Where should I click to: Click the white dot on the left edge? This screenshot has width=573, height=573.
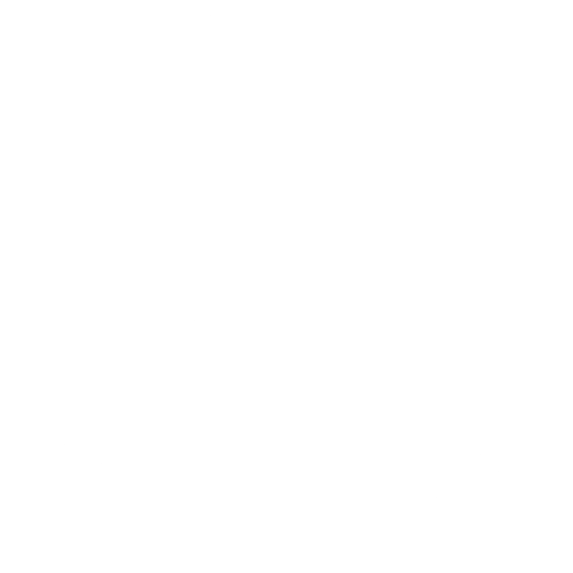tap(18, 286)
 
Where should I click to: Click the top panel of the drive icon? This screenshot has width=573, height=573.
tap(286, 247)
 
